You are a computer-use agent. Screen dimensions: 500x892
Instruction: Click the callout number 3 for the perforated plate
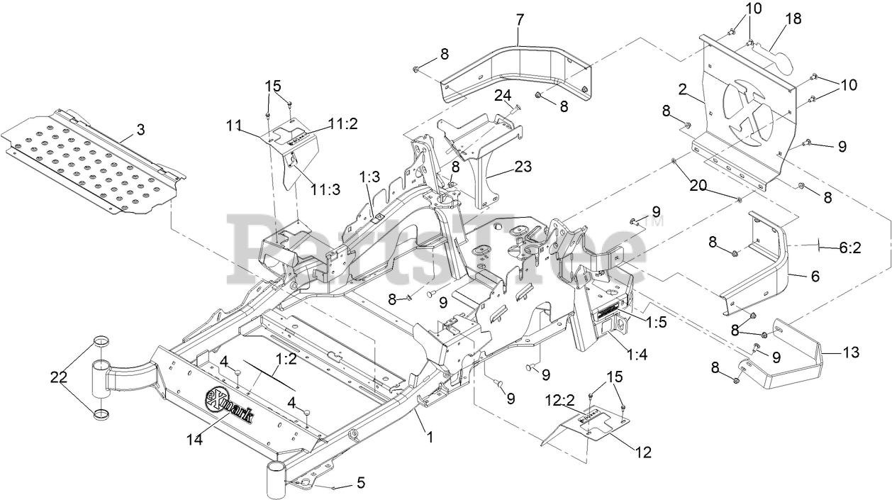pos(140,129)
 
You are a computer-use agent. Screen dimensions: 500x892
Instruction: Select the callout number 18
pos(793,19)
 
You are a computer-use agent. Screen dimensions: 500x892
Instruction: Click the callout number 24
pos(503,95)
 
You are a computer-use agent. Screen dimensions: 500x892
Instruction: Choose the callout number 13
pos(851,352)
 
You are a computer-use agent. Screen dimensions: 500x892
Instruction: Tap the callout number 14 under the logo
pos(195,440)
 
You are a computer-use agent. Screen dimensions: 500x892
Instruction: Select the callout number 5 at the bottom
pos(360,484)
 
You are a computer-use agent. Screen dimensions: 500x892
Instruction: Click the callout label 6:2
pos(849,248)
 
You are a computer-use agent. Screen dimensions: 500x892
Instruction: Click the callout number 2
pos(683,89)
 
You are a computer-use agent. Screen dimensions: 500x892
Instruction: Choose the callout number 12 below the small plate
pos(644,451)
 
